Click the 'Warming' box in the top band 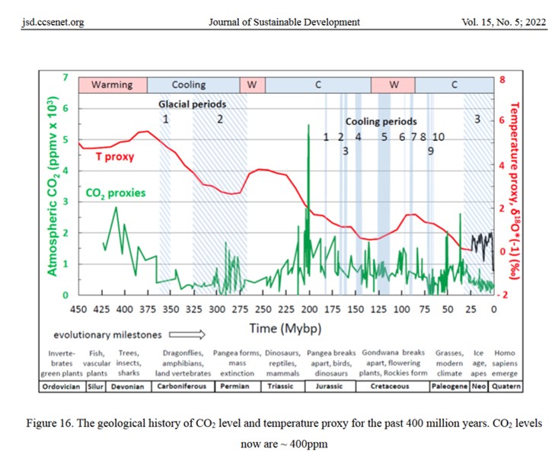(112, 85)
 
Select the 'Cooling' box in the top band (188, 85)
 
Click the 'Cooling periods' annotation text (381, 121)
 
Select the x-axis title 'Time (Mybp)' (285, 327)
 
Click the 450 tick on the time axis (78, 308)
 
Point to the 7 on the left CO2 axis (65, 78)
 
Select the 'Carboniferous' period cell (180, 386)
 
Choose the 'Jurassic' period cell (328, 386)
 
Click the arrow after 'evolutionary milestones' (187, 333)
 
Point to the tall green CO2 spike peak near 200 (308, 126)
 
